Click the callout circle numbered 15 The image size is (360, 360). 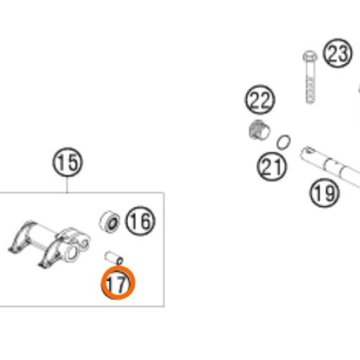[68, 163]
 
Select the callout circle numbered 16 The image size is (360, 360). [140, 221]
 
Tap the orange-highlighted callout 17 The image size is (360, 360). [117, 283]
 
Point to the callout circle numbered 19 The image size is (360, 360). [325, 193]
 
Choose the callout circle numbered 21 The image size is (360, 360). [271, 166]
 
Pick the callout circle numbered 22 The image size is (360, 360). [260, 99]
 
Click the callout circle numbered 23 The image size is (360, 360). [338, 53]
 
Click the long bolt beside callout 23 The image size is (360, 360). [310, 77]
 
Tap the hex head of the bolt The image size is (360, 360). [310, 57]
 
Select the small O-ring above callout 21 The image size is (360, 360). [284, 142]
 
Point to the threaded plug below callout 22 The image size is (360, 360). [259, 130]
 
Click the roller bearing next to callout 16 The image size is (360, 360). [109, 222]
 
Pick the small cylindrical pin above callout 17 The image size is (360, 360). [114, 258]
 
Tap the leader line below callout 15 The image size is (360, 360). [67, 185]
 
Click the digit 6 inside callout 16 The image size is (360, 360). [145, 221]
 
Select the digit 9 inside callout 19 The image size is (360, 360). [330, 193]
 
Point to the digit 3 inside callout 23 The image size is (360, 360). [343, 53]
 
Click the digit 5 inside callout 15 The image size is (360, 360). [73, 163]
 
